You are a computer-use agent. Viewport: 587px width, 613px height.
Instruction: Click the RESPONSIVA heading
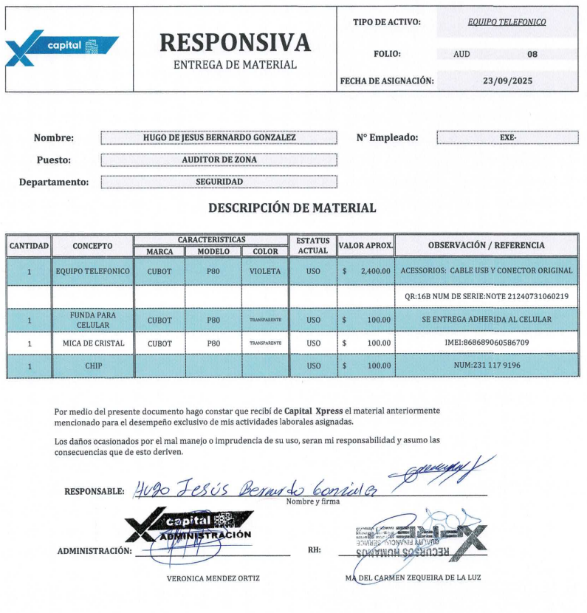tap(235, 42)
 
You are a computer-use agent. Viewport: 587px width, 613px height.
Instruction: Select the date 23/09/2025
tap(507, 80)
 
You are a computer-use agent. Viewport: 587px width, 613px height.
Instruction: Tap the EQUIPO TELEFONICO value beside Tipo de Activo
tap(507, 22)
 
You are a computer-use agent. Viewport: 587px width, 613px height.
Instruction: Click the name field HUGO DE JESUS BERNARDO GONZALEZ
tap(219, 138)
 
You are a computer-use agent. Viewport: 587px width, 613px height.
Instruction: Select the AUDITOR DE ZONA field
tap(219, 160)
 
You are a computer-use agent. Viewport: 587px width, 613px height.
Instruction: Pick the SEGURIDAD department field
tap(219, 181)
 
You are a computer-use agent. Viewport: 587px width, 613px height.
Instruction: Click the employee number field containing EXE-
tap(507, 138)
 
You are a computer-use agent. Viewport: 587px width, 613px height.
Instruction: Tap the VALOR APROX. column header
tap(365, 245)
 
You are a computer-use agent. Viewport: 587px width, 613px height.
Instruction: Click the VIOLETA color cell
tap(265, 272)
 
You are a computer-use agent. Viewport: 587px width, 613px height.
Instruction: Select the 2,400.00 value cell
tap(365, 272)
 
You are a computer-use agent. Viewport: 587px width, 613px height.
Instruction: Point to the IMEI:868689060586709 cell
tap(487, 343)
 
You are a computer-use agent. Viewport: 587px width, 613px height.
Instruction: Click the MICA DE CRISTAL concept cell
tap(92, 343)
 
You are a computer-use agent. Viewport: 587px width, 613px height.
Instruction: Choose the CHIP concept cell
tap(92, 366)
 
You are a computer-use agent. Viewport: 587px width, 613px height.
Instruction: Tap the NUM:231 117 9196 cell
tap(487, 366)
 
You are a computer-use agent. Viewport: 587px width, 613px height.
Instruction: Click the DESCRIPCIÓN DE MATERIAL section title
tap(292, 208)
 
